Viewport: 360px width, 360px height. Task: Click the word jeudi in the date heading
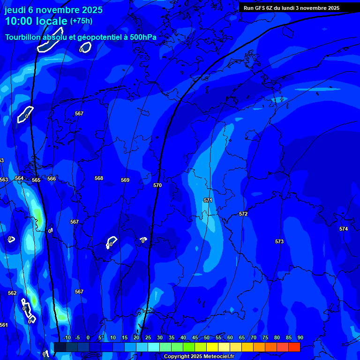(x=15, y=10)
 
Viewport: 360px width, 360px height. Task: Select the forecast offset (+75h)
(x=81, y=21)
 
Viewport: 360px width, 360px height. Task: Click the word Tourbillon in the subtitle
(x=24, y=37)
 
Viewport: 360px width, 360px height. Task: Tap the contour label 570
(x=157, y=185)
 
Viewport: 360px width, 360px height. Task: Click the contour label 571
(x=208, y=200)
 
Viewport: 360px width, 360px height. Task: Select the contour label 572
(x=243, y=214)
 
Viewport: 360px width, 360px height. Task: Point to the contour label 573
(x=279, y=241)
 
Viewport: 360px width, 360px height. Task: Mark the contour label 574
(x=344, y=229)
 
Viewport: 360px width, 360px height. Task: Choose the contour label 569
(x=125, y=180)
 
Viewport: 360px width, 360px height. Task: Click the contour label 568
(x=99, y=178)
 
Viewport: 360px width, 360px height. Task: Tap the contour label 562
(x=12, y=293)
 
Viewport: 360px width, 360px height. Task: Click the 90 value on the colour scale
(x=300, y=337)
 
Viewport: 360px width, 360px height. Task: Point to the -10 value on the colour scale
(x=67, y=337)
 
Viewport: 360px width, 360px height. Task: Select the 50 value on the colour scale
(x=206, y=337)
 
